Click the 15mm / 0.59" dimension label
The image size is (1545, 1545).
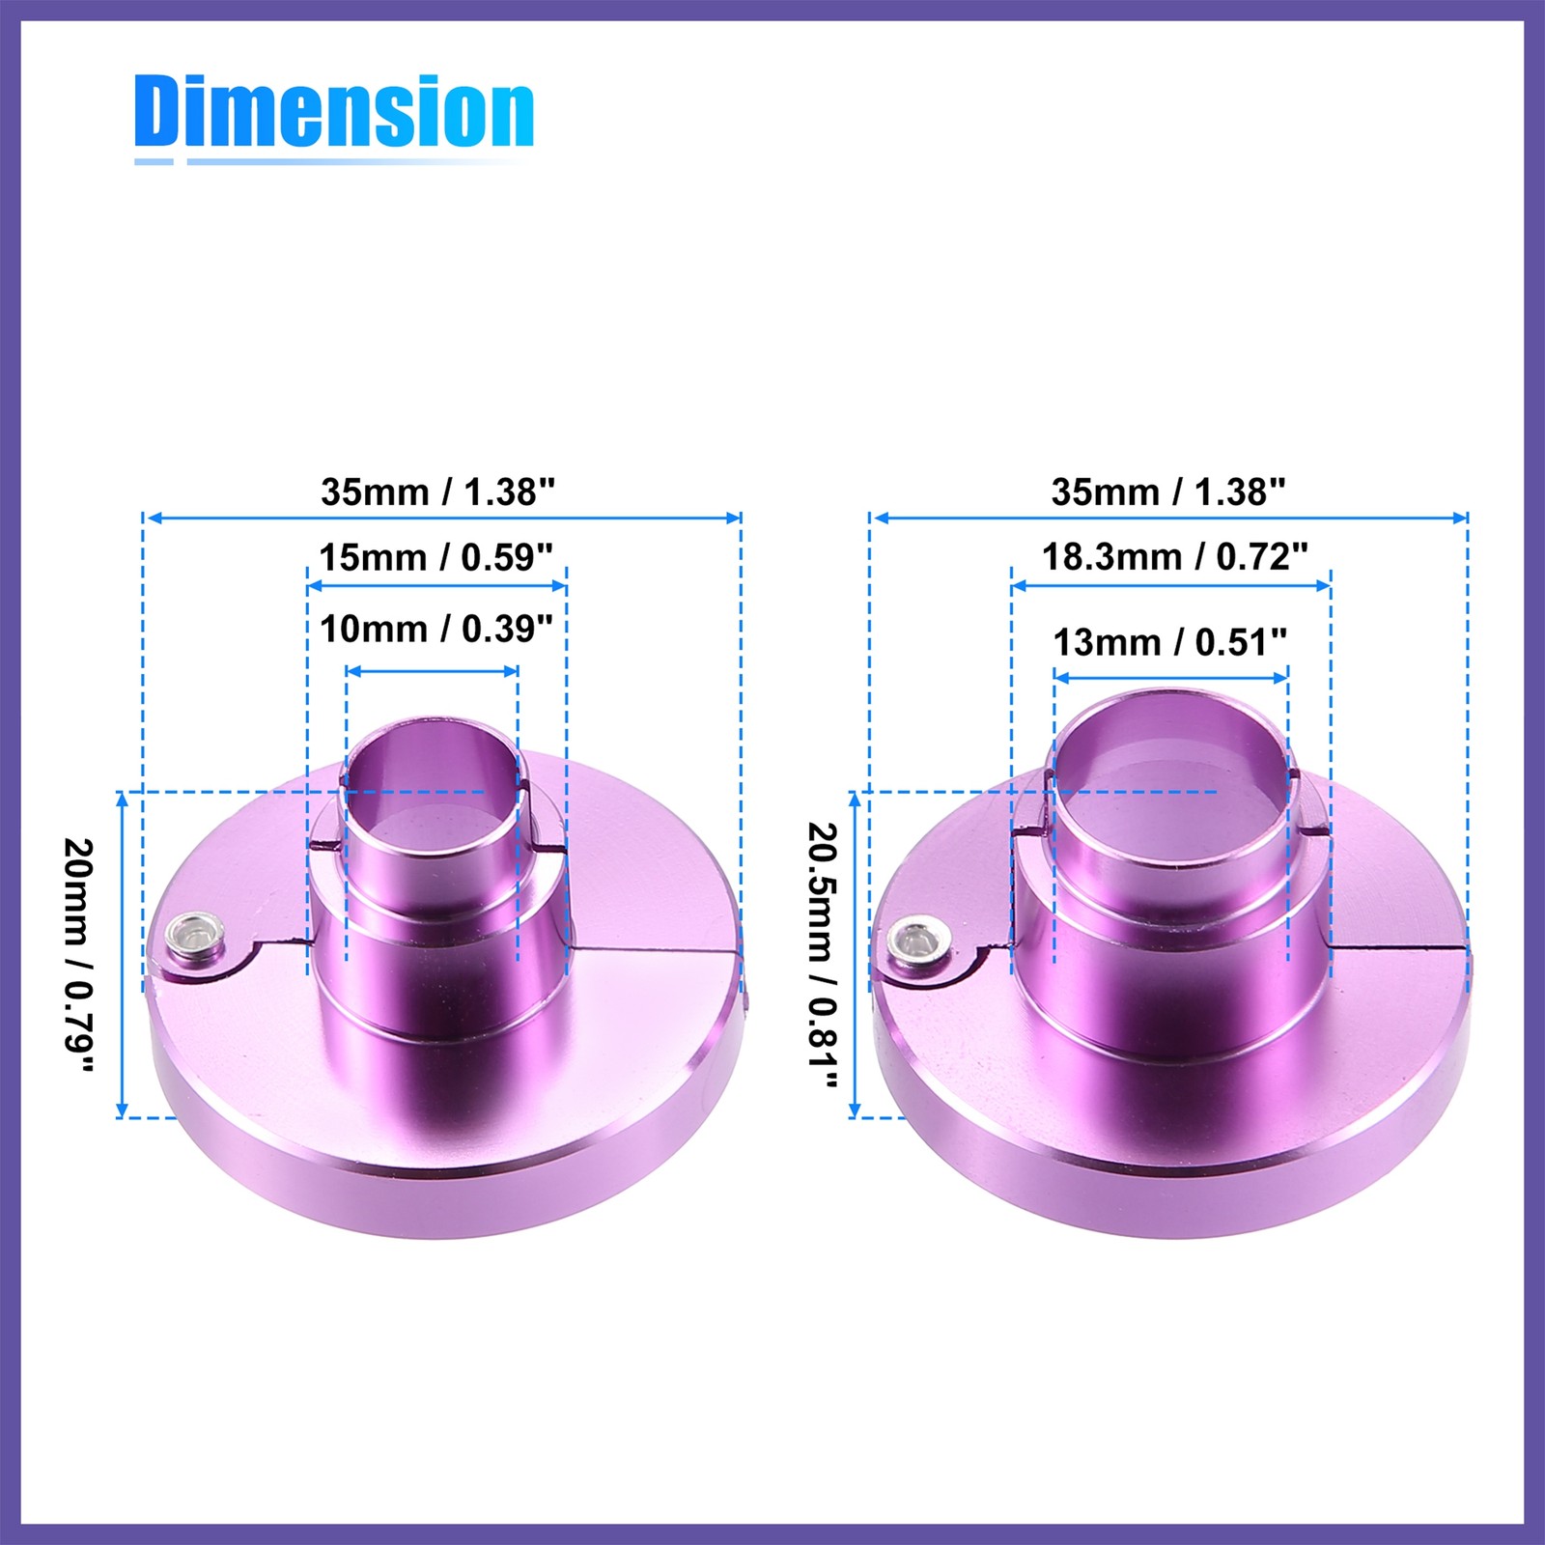click(x=436, y=557)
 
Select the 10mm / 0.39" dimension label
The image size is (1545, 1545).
click(x=436, y=629)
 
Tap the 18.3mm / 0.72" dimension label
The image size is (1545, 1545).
click(x=1175, y=557)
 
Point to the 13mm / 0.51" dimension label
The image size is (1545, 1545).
click(x=1170, y=642)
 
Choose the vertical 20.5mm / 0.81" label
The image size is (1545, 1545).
click(x=823, y=956)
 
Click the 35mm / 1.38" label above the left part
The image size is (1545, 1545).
click(x=438, y=492)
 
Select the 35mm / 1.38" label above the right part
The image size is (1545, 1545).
click(x=1168, y=492)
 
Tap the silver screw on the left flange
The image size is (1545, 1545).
click(x=194, y=935)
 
